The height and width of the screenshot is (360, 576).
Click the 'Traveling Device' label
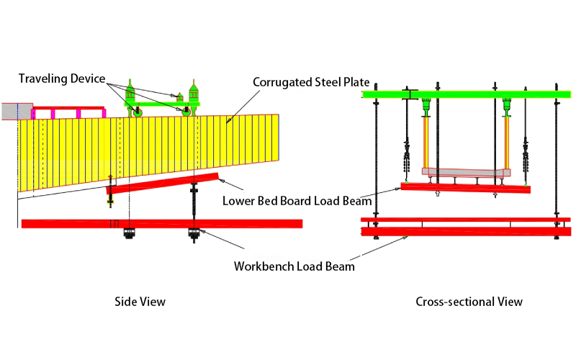click(63, 78)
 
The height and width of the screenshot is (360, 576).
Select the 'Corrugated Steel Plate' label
click(307, 82)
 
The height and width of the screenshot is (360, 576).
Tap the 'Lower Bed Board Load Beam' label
click(297, 200)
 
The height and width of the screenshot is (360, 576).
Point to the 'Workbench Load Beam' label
click(294, 266)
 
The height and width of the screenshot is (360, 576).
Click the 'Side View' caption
click(140, 302)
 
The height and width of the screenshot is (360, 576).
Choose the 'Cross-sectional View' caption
click(469, 302)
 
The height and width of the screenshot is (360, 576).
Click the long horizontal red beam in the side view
click(162, 224)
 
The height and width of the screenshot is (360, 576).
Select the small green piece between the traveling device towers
click(180, 96)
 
